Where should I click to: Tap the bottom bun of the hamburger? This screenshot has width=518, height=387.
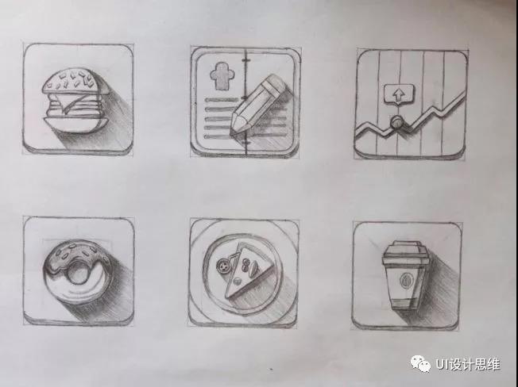(x=75, y=125)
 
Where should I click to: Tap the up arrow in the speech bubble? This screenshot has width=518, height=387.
(x=399, y=95)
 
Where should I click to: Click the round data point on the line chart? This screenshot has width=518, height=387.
(x=396, y=122)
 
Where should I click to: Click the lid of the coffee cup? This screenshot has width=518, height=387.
(x=406, y=253)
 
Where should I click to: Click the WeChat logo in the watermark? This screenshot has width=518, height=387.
(x=420, y=363)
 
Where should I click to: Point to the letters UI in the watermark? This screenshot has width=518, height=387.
(x=443, y=364)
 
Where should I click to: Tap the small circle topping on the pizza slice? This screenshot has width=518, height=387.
(x=237, y=282)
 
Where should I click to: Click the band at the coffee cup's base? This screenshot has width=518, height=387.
(x=404, y=305)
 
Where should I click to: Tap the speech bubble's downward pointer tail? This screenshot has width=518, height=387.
(x=399, y=104)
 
